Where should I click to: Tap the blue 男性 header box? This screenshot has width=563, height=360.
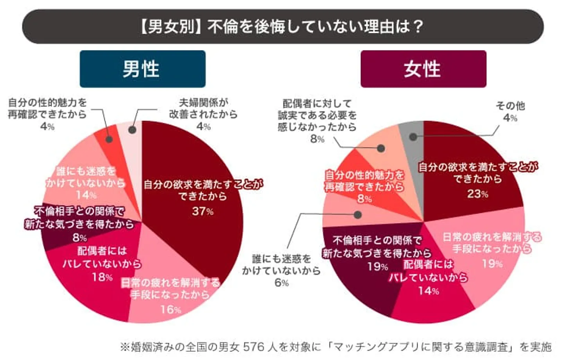pyautogui.click(x=142, y=69)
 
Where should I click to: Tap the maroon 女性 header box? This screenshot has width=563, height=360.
pyautogui.click(x=423, y=69)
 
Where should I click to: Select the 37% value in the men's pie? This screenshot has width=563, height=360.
pyautogui.click(x=203, y=211)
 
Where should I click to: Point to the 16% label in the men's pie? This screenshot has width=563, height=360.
pyautogui.click(x=170, y=310)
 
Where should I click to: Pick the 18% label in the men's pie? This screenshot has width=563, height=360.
pyautogui.click(x=102, y=277)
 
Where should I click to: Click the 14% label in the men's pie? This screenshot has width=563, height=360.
pyautogui.click(x=86, y=195)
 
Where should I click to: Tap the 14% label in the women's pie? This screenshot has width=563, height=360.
pyautogui.click(x=429, y=291)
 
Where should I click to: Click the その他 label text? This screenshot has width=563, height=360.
pyautogui.click(x=510, y=106)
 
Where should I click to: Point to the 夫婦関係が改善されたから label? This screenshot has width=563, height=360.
pyautogui.click(x=203, y=108)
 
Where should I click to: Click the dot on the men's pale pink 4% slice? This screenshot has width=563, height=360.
pyautogui.click(x=133, y=130)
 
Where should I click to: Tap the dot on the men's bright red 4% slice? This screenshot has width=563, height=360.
pyautogui.click(x=109, y=139)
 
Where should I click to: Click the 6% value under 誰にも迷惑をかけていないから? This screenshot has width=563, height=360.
pyautogui.click(x=281, y=283)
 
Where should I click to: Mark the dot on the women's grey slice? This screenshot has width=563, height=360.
pyautogui.click(x=413, y=137)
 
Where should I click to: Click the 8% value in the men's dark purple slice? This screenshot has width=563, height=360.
pyautogui.click(x=79, y=238)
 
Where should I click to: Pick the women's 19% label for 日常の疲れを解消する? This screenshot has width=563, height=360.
pyautogui.click(x=492, y=263)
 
